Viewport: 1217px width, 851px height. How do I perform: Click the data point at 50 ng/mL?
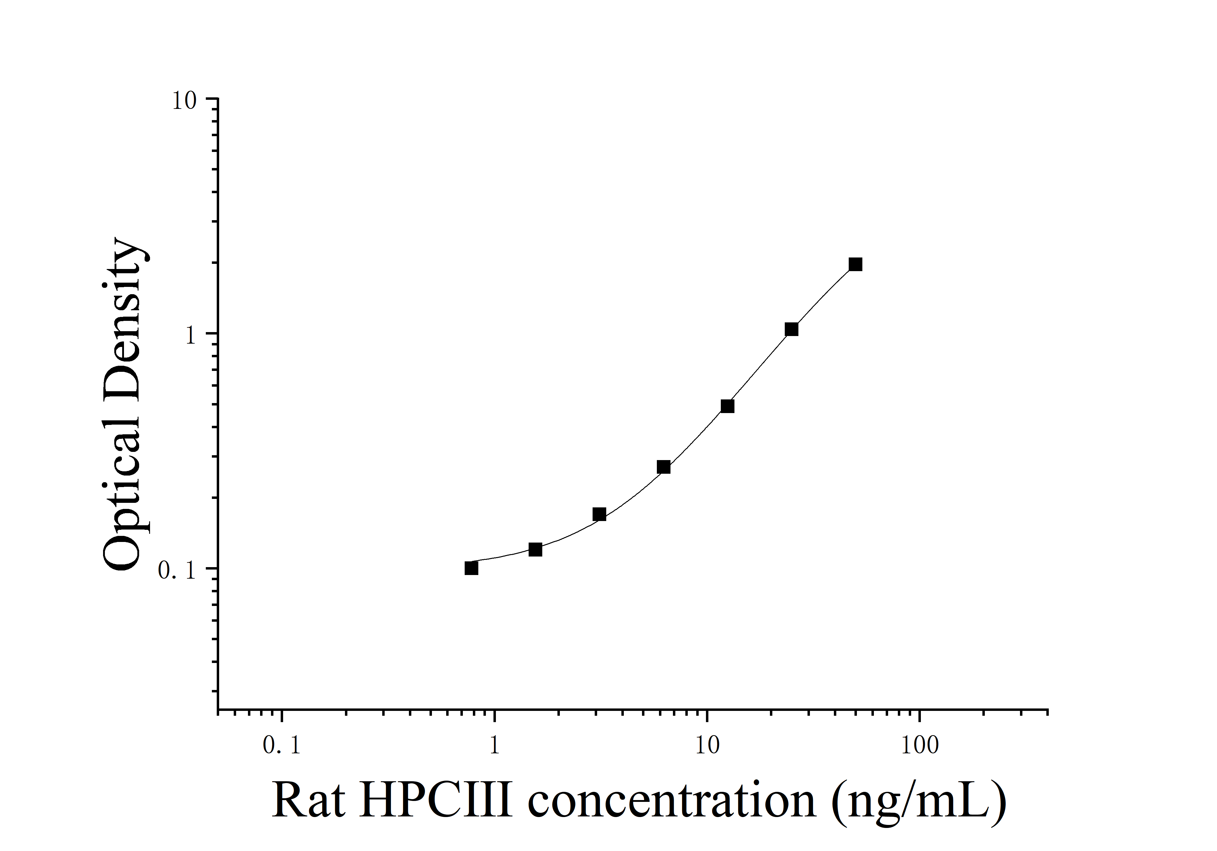855,264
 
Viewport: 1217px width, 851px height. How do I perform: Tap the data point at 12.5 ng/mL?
727,406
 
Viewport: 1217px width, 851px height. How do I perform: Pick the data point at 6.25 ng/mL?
664,467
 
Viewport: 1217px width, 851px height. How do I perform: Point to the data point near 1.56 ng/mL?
535,549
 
